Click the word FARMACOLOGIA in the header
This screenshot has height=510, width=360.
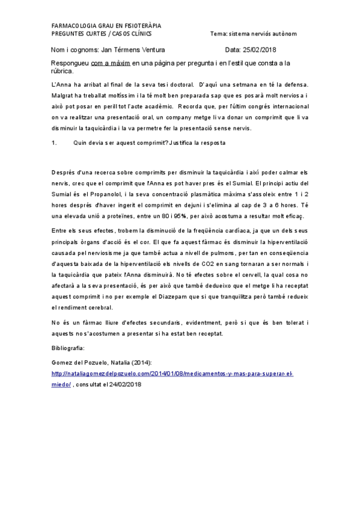pyautogui.click(x=73, y=26)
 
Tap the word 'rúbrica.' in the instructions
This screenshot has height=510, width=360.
pyautogui.click(x=63, y=70)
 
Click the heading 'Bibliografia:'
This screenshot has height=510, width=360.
pyautogui.click(x=70, y=348)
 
